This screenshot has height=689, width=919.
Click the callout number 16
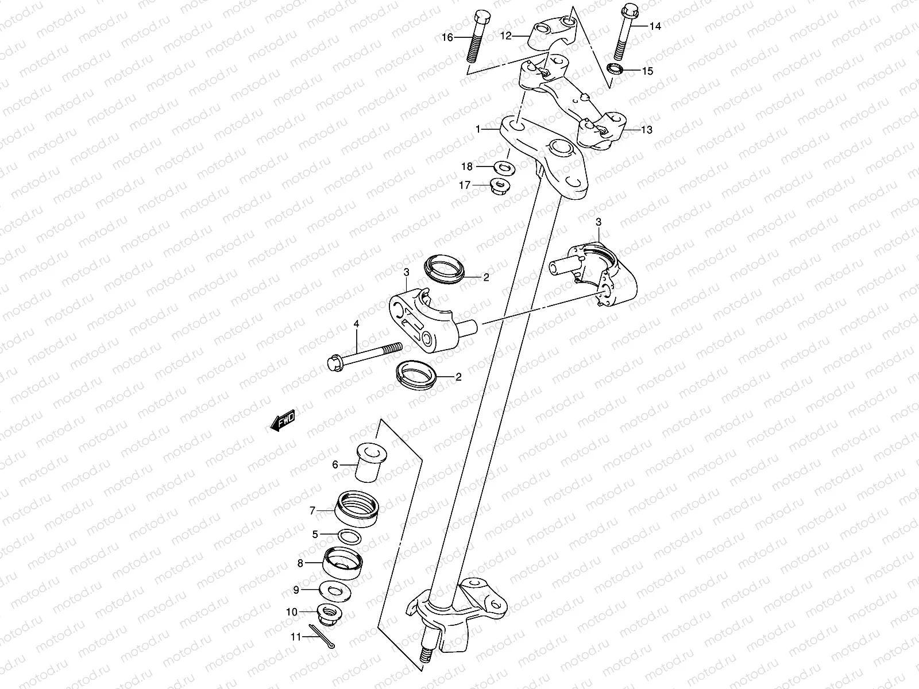[447, 37]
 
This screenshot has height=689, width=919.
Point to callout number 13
[646, 130]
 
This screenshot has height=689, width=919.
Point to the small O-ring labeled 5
[350, 536]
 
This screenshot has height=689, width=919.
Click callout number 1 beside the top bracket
[477, 130]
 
